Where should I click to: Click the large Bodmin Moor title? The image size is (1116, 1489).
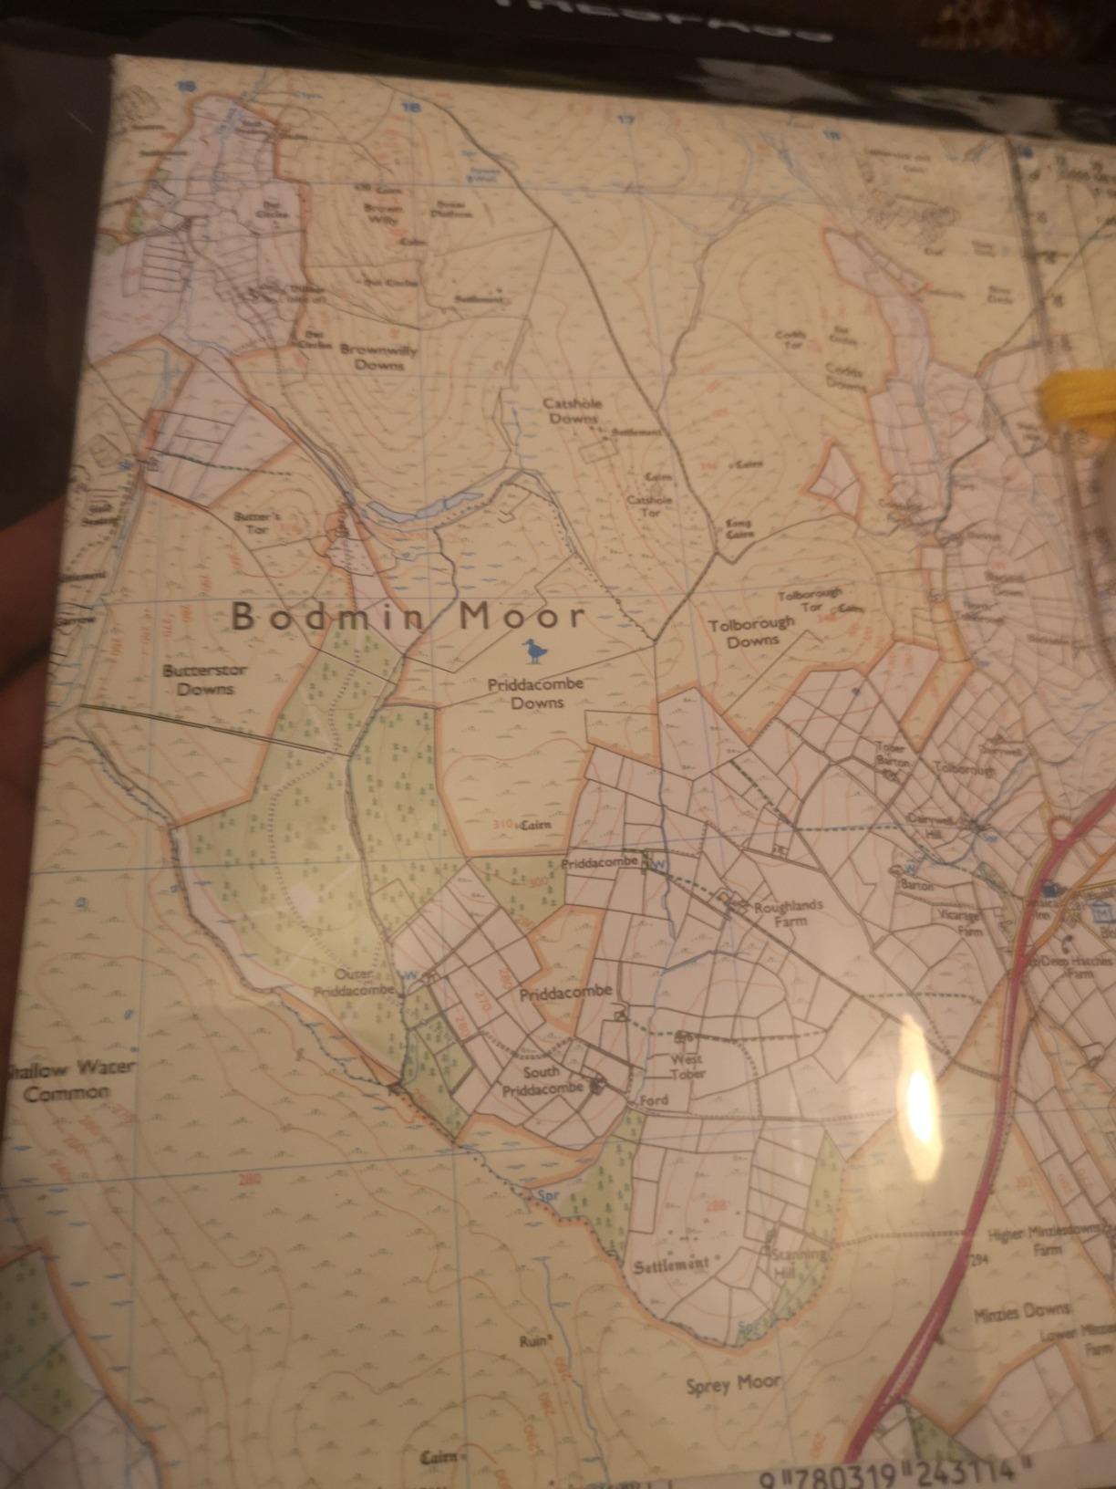click(x=407, y=618)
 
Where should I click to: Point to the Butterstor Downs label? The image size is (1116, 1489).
click(x=198, y=680)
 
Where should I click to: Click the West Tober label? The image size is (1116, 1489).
click(x=688, y=1067)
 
